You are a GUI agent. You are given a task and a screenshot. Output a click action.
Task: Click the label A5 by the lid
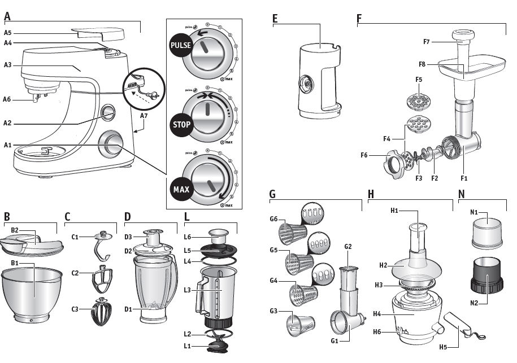[x=8, y=33]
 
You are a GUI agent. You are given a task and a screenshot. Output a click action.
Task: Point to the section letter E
[x=275, y=19]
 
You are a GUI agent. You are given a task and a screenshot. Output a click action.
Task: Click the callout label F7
[x=427, y=42]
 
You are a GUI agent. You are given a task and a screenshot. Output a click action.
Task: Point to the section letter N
[x=462, y=194]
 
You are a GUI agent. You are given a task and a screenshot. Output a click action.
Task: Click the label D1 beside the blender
[x=128, y=309]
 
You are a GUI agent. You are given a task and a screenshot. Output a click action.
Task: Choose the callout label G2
[x=348, y=247]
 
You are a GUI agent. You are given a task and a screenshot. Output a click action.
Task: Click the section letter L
[x=186, y=216]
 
